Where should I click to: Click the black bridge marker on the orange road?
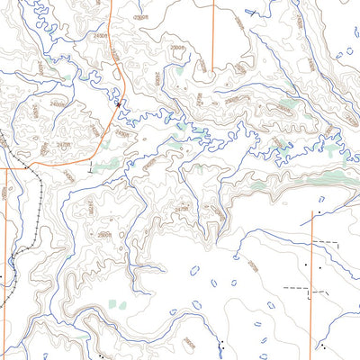coord(119,103)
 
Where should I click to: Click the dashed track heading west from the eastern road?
coord(297,289)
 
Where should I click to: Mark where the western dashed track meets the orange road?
coord(311,290)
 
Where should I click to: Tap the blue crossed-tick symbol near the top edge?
coord(255,12)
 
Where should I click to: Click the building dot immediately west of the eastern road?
coord(306,265)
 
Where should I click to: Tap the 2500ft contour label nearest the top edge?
coord(139,17)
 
